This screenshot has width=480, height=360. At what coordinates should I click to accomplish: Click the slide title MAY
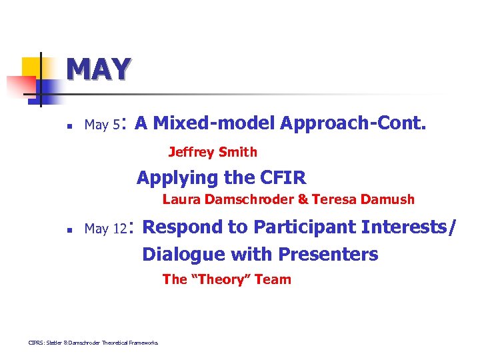point(98,69)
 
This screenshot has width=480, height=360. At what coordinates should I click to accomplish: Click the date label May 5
point(103,125)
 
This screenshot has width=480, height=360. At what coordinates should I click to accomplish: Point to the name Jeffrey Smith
point(213,152)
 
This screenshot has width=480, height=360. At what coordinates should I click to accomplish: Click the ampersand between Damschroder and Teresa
point(303,199)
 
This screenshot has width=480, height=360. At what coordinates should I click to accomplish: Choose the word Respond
point(183,227)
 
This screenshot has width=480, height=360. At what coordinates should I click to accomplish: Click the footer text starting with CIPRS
point(93,343)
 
